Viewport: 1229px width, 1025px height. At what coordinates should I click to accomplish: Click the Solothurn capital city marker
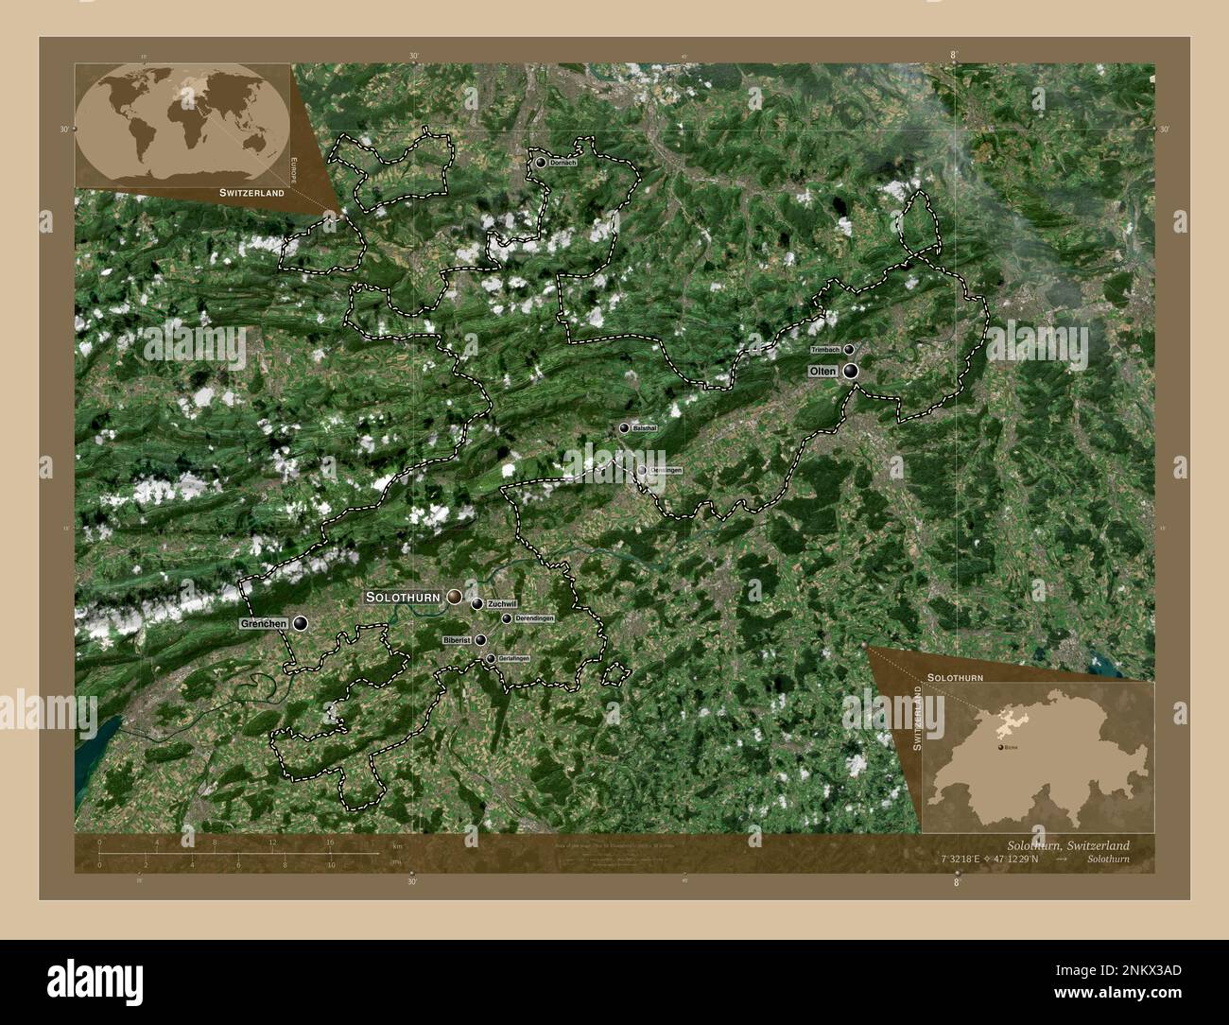pos(455,597)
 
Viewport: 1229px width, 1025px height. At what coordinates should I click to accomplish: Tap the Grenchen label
pos(263,625)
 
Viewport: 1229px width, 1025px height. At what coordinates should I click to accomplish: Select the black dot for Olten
pos(852,372)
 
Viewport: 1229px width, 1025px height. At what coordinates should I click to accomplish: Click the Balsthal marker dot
pos(624,428)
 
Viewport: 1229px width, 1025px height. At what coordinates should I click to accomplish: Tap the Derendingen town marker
pos(507,618)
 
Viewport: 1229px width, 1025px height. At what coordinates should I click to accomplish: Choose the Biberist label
pos(457,640)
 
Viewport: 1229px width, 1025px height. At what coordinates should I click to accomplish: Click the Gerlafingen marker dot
pos(490,657)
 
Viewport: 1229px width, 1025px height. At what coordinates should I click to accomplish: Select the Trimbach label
pos(825,349)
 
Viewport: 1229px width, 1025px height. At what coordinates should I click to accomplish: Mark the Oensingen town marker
pos(642,470)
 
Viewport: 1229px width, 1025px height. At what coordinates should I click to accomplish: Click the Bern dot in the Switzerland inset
pos(999,747)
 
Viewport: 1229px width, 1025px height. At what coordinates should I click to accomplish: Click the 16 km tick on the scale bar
pos(330,854)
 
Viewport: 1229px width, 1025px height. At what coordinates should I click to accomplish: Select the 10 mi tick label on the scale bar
pos(330,865)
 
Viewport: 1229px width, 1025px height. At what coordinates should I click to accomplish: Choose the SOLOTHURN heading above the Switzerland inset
pos(955,678)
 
